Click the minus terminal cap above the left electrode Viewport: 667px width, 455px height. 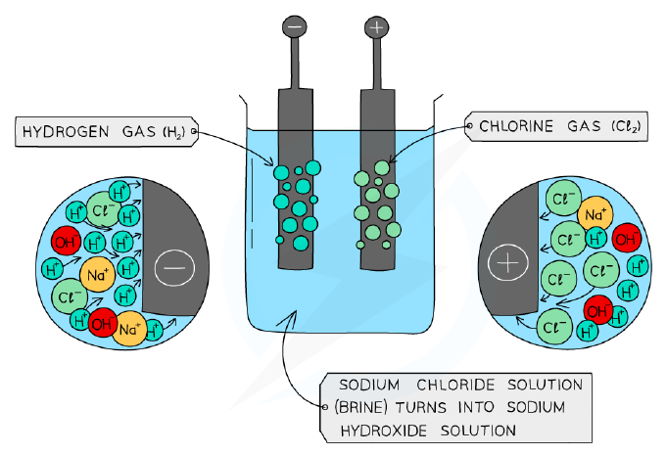pyautogui.click(x=295, y=27)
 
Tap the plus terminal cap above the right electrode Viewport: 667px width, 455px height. pyautogui.click(x=376, y=27)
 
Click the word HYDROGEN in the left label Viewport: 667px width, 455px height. pyautogui.click(x=66, y=132)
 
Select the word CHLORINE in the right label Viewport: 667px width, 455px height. pyautogui.click(x=516, y=126)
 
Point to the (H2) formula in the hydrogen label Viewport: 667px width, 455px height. pyautogui.click(x=174, y=132)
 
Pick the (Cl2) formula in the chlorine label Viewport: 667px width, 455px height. pyautogui.click(x=626, y=126)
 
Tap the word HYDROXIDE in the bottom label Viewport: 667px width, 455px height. pyautogui.click(x=384, y=431)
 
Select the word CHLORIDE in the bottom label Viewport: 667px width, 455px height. pyautogui.click(x=455, y=385)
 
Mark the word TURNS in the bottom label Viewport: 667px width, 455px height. pyautogui.click(x=421, y=407)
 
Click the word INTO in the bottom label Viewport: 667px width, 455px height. pyautogui.click(x=476, y=407)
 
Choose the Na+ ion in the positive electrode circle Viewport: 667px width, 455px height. pyautogui.click(x=596, y=214)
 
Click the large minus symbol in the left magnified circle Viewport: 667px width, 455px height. pyautogui.click(x=175, y=268)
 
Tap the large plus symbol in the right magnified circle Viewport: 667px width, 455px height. pyautogui.click(x=508, y=263)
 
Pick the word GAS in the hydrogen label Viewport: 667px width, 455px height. pyautogui.click(x=138, y=132)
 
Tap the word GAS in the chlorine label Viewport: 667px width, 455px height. pyautogui.click(x=584, y=126)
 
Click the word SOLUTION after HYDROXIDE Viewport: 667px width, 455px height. pyautogui.click(x=478, y=431)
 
